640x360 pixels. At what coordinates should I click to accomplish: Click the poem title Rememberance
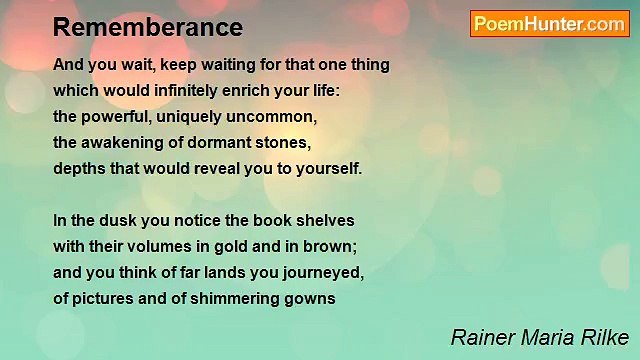(148, 26)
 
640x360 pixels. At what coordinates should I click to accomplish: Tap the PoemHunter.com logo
(549, 24)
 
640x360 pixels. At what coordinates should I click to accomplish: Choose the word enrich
(250, 91)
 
